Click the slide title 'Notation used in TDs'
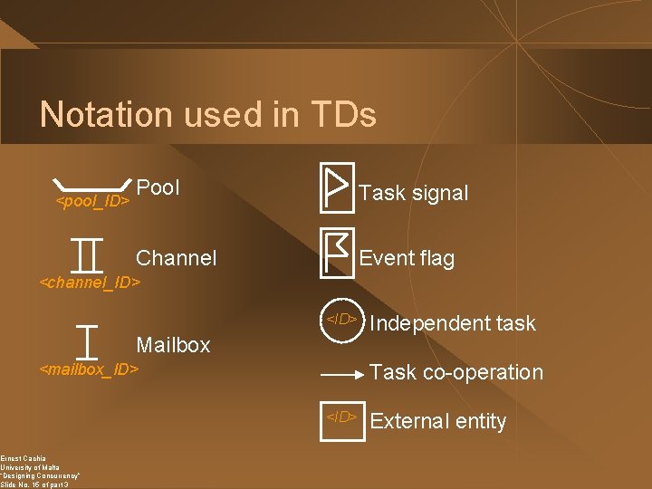point(207,115)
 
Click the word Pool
point(160,187)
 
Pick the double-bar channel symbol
point(88,254)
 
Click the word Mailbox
point(172,345)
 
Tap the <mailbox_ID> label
point(90,369)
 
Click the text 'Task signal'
point(414,193)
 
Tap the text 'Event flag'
point(407,258)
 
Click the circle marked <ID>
point(341,319)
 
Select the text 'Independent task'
point(453,323)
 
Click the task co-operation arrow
point(342,373)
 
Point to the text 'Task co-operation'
point(456,372)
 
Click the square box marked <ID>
point(342,417)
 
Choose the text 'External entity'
point(438,421)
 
